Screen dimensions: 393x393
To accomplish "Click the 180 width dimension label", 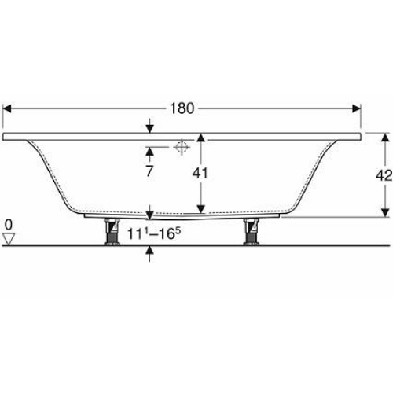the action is (182, 108).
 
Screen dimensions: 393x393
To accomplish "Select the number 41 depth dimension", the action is (200, 174).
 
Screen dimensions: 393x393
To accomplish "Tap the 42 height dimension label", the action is (384, 175).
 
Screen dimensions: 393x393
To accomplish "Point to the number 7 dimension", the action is (149, 171).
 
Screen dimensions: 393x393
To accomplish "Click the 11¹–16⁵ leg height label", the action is (154, 233).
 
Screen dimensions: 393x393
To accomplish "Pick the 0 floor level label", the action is (9, 225).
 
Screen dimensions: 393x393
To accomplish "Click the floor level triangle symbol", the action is (9, 239).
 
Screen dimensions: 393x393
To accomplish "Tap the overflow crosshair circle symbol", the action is (182, 147).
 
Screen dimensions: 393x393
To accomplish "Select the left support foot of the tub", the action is (112, 232).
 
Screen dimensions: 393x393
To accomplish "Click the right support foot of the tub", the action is (252, 232).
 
